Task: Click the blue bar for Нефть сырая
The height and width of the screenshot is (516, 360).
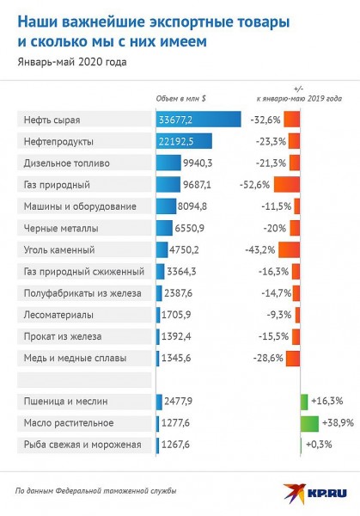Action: pos(198,120)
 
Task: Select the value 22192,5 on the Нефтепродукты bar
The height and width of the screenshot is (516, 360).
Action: pos(176,142)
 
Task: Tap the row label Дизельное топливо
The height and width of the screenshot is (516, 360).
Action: pos(67,163)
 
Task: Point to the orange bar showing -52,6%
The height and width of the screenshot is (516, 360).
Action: pos(287,185)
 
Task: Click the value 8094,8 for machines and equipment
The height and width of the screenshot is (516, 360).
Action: pos(192,206)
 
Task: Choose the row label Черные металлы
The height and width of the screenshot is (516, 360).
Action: pos(61,228)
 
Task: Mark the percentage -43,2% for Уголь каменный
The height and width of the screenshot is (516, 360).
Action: pos(259,249)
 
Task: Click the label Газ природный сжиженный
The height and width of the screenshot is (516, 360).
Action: pos(84,272)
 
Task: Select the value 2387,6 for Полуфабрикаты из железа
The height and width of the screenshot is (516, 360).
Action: pos(178,293)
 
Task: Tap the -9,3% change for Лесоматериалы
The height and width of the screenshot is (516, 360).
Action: pos(278,315)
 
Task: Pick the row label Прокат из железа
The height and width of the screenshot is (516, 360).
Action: pos(63,336)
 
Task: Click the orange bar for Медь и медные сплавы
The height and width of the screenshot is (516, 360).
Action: pos(293,358)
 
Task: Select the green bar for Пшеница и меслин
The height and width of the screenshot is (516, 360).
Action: pos(304,402)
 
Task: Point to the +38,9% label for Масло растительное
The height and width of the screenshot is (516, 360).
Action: pos(338,422)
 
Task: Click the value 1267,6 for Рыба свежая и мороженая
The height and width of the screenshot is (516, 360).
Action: pos(175,445)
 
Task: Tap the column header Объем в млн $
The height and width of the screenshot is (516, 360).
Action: pos(180,98)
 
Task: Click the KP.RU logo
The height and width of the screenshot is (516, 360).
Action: pos(315,494)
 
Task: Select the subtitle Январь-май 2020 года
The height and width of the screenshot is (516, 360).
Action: pos(72,62)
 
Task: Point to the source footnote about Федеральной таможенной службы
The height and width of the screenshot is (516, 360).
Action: pos(95,491)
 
